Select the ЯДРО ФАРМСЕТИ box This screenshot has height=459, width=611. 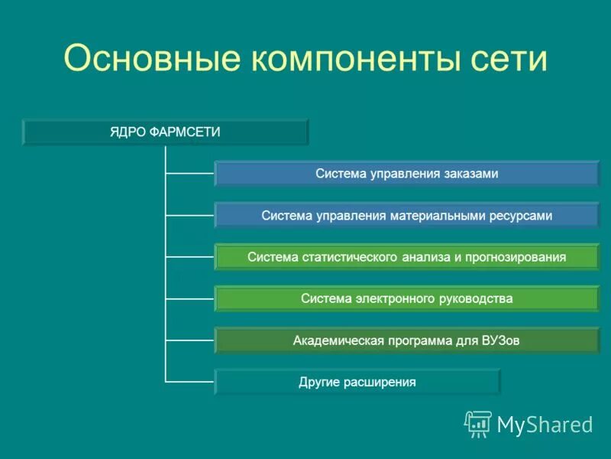165,132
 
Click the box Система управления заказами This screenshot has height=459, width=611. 406,174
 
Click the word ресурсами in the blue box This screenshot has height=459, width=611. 521,216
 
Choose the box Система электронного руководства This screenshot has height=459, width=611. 406,298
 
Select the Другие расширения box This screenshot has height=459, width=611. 357,382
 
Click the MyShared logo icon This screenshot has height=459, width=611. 477,423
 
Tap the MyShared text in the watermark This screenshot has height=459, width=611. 545,425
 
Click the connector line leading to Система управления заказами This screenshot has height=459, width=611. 189,174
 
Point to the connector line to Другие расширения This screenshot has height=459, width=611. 189,381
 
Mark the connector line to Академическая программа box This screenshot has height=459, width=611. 189,340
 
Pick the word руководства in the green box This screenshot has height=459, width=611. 475,298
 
